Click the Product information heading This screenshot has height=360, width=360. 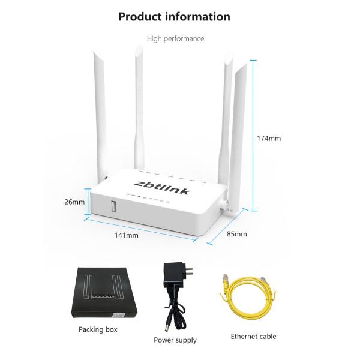click(174, 17)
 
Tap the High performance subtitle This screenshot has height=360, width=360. click(175, 38)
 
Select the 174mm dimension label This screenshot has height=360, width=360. click(269, 138)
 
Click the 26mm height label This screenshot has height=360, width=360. click(74, 202)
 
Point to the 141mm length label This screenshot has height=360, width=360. click(127, 235)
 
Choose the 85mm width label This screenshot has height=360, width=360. click(237, 234)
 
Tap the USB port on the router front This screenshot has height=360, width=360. click(113, 206)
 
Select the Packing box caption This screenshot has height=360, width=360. click(98, 329)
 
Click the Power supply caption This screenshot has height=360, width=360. click(175, 340)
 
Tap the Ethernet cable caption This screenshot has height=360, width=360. click(253, 337)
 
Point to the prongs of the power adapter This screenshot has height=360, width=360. click(189, 271)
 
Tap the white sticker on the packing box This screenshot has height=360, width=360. click(118, 315)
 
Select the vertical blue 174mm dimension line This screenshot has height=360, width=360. click(253, 136)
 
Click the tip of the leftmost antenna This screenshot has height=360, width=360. click(95, 53)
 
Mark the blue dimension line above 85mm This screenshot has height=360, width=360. click(227, 226)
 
